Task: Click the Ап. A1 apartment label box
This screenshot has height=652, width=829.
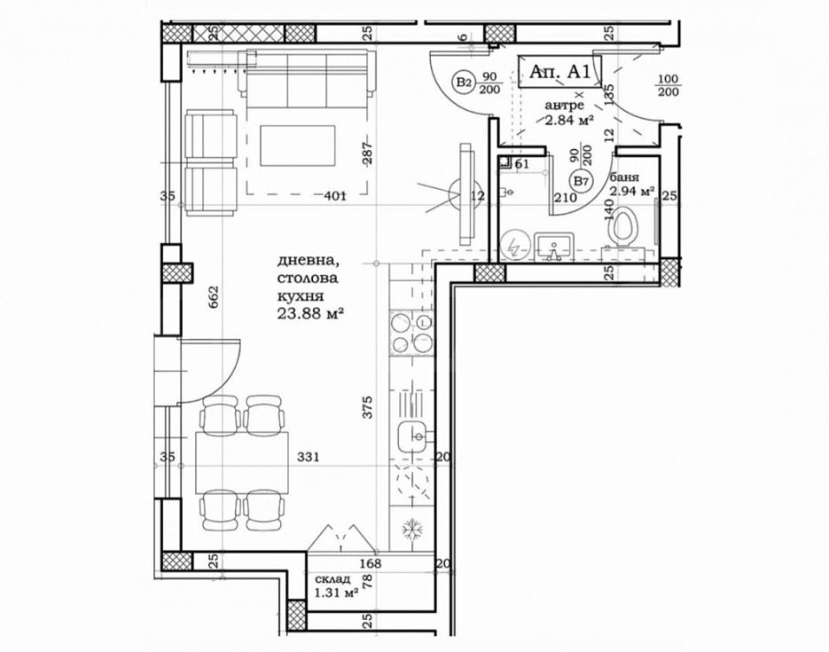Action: [559, 71]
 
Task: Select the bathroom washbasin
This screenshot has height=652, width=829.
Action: [553, 247]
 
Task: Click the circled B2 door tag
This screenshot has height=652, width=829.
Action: [465, 82]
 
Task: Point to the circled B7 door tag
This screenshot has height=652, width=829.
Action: [583, 181]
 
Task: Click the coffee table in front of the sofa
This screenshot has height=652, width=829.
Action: [297, 145]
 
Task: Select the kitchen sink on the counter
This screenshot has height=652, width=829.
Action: [411, 438]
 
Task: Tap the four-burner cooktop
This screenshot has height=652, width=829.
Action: [412, 334]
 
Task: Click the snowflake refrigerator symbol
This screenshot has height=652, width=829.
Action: [412, 530]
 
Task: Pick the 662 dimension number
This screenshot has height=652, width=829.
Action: [214, 299]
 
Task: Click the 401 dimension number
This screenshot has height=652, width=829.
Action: [334, 196]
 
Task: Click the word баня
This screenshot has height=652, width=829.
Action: [624, 177]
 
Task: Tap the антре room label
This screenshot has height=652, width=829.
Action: [565, 106]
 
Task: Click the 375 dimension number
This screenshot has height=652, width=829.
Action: [367, 407]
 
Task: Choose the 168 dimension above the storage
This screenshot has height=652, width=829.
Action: [371, 563]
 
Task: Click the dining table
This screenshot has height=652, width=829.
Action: [242, 462]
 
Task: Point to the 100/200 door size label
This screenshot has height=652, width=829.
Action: [668, 86]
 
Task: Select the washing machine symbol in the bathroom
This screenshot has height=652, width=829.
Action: [512, 247]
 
